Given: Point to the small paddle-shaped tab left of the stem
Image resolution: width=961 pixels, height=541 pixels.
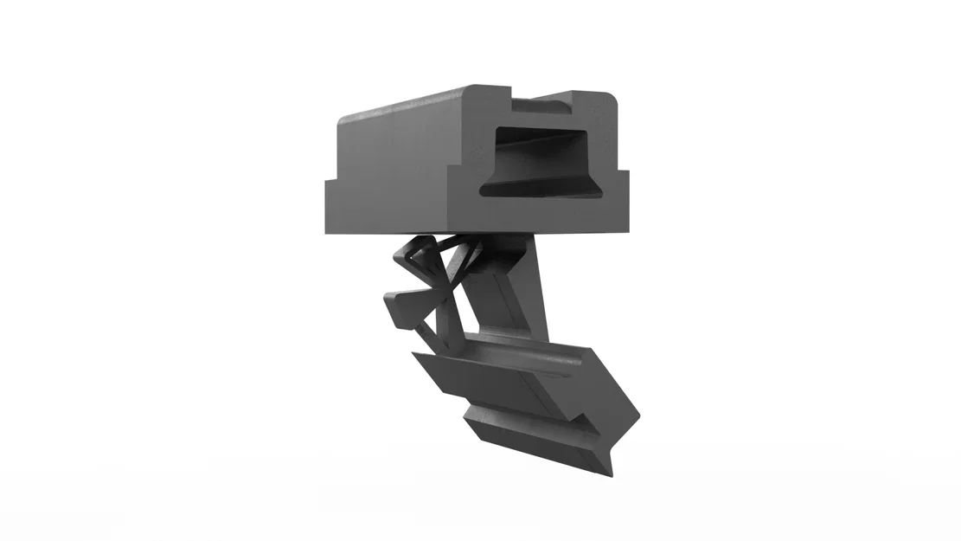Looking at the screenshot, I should [x=400, y=308].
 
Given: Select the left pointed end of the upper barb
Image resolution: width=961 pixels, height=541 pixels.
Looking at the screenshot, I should [x=415, y=354].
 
